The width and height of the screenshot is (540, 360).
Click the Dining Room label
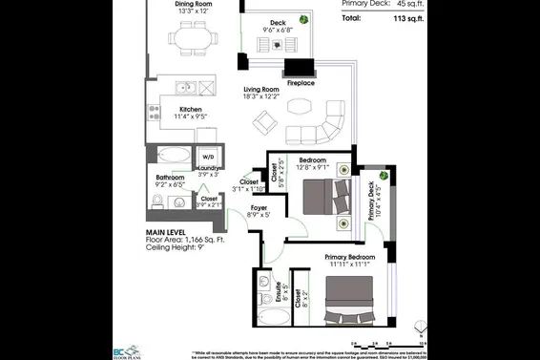coord(198,4)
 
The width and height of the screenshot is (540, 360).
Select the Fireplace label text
coord(301,83)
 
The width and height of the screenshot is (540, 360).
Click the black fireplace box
coord(300,68)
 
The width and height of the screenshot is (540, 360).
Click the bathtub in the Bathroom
coord(173,155)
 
